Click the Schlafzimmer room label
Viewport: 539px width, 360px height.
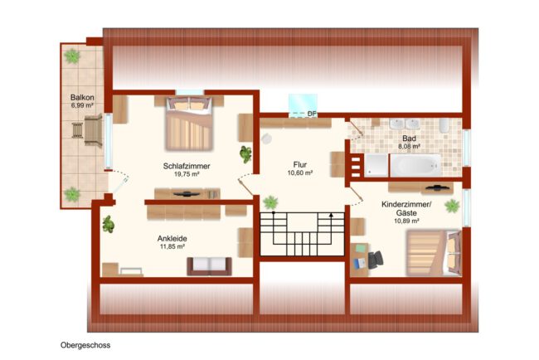click(187, 166)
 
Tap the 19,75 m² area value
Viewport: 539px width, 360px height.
click(187, 174)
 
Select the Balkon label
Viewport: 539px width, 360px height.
click(82, 98)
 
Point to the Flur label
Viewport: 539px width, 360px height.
click(300, 164)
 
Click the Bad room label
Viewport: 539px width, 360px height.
click(409, 139)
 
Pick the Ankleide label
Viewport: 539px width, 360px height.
click(172, 238)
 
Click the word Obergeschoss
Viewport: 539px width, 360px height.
click(85, 345)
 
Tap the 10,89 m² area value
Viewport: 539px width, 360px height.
click(406, 221)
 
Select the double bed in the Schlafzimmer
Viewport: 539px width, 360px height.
click(189, 124)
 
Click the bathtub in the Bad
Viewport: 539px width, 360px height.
click(415, 165)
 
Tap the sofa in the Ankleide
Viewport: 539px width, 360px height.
click(209, 266)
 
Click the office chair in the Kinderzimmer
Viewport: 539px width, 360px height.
click(376, 260)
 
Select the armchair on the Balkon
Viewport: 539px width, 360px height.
click(93, 131)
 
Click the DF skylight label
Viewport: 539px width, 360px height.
click(312, 114)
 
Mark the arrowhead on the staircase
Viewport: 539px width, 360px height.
click(331, 215)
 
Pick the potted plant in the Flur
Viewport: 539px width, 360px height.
click(270, 202)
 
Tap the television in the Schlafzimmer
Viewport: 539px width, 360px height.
click(187, 194)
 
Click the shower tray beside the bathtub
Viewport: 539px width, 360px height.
click(376, 165)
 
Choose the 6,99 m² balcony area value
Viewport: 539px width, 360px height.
click(82, 105)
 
